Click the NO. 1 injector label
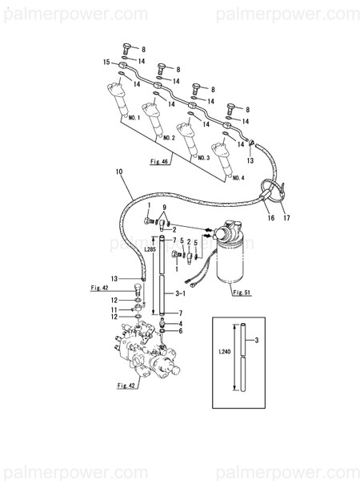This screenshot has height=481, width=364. click(134, 118)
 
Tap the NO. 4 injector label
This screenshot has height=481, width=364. click(238, 178)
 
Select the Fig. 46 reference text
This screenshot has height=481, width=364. click(159, 162)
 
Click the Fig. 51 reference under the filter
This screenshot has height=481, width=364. click(242, 293)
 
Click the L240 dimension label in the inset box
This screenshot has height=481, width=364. click(225, 352)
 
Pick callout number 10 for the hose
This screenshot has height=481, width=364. click(119, 172)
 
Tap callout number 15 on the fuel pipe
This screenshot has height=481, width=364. click(106, 63)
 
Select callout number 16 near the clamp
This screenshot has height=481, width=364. click(271, 218)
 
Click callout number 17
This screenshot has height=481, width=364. click(286, 218)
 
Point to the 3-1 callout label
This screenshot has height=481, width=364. click(180, 293)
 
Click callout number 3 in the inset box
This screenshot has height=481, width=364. click(257, 340)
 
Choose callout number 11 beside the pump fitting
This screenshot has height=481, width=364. click(114, 310)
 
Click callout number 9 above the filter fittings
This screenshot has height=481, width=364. click(164, 207)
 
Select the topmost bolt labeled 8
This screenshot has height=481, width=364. click(126, 48)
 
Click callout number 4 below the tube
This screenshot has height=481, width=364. click(181, 324)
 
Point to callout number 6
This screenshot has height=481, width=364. click(181, 331)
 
